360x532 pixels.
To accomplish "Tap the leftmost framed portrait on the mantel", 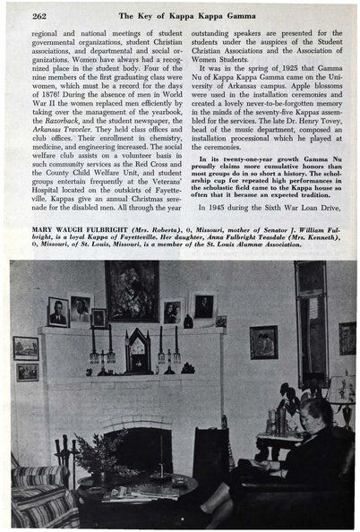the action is tap(59, 311).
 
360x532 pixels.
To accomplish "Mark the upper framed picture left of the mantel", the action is tap(26, 348).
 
